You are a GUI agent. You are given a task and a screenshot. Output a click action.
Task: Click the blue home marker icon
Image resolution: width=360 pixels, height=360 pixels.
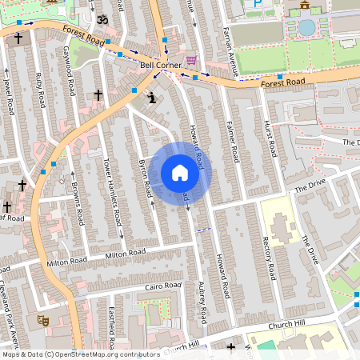[x=180, y=173]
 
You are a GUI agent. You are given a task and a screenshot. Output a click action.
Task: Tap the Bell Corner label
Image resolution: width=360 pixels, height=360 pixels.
[x=157, y=66]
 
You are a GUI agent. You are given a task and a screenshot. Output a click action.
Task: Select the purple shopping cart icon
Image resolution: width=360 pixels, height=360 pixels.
[x=191, y=60]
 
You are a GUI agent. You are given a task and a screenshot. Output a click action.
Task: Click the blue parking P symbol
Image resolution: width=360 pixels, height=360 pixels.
[x=257, y=4]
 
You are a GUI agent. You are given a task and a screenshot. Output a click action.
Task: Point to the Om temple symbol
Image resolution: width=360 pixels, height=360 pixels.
[x=102, y=18]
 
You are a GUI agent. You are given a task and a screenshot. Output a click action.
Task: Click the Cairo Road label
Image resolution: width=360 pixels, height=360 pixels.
[x=164, y=286]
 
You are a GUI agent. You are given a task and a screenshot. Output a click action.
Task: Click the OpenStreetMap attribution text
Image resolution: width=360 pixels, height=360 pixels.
[x=80, y=354]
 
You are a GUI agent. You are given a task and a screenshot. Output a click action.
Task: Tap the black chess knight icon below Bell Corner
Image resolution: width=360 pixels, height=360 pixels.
[x=152, y=98]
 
